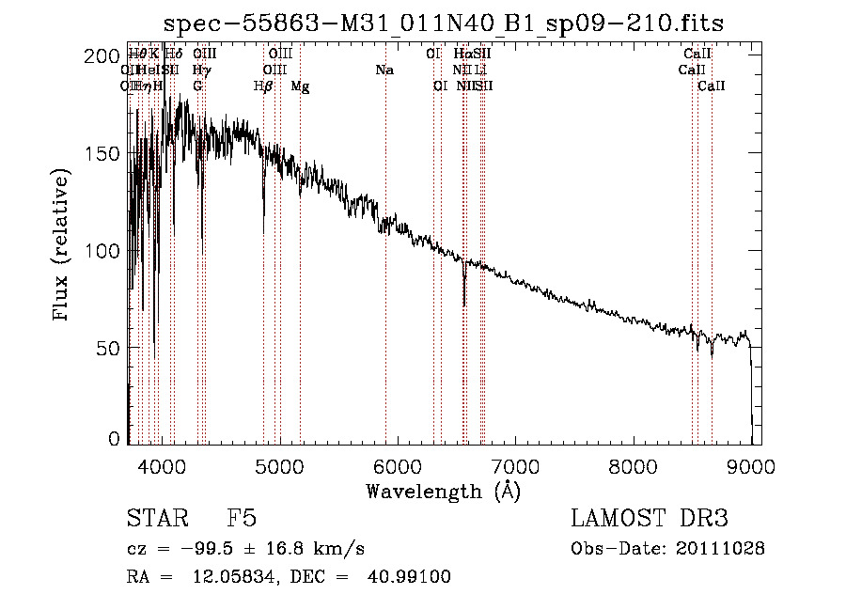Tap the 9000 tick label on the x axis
click(x=751, y=465)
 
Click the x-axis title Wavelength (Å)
click(x=443, y=491)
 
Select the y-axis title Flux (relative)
click(x=62, y=246)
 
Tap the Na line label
click(x=384, y=70)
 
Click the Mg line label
click(x=300, y=86)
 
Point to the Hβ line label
click(x=264, y=86)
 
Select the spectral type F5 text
click(x=242, y=519)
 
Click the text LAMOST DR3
click(x=650, y=519)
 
